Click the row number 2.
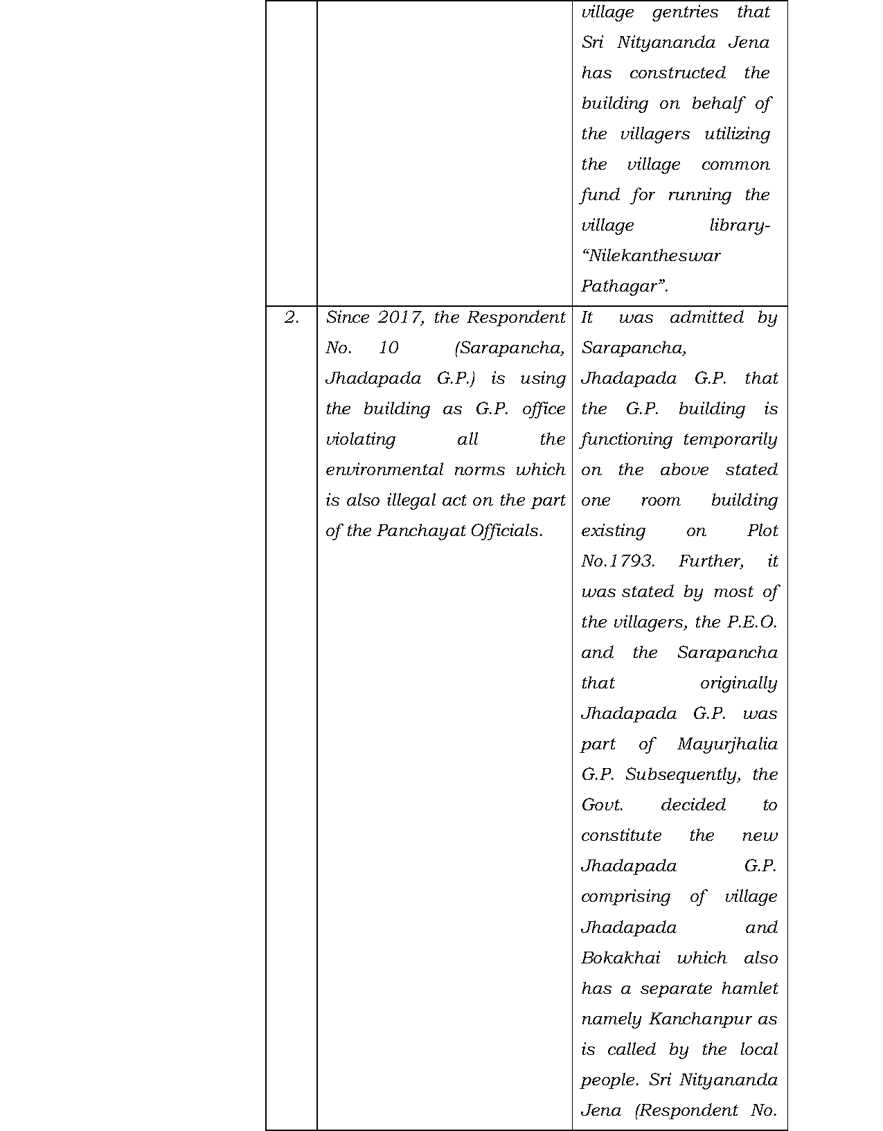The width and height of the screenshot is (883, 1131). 292,318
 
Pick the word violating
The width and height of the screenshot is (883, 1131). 360,440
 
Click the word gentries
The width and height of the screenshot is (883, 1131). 685,12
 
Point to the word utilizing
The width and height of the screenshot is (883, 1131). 737,134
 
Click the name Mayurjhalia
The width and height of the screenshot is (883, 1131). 727,745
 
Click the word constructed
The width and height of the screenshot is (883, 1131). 677,73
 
